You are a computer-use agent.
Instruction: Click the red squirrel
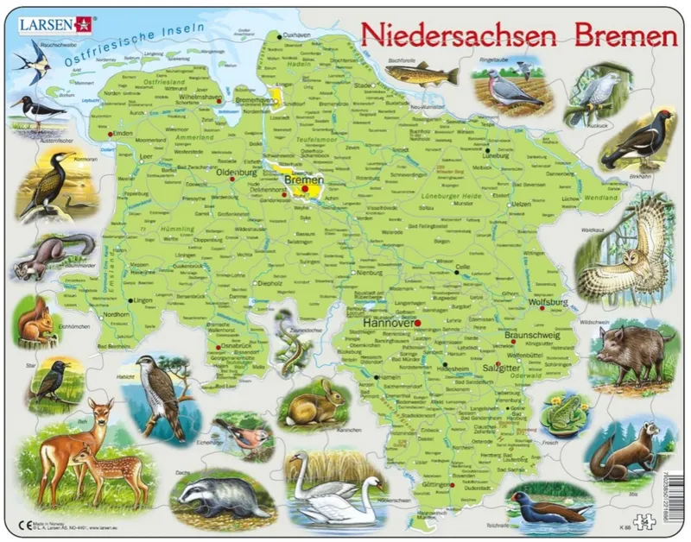[36, 323]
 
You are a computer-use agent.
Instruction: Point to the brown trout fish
[421, 73]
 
